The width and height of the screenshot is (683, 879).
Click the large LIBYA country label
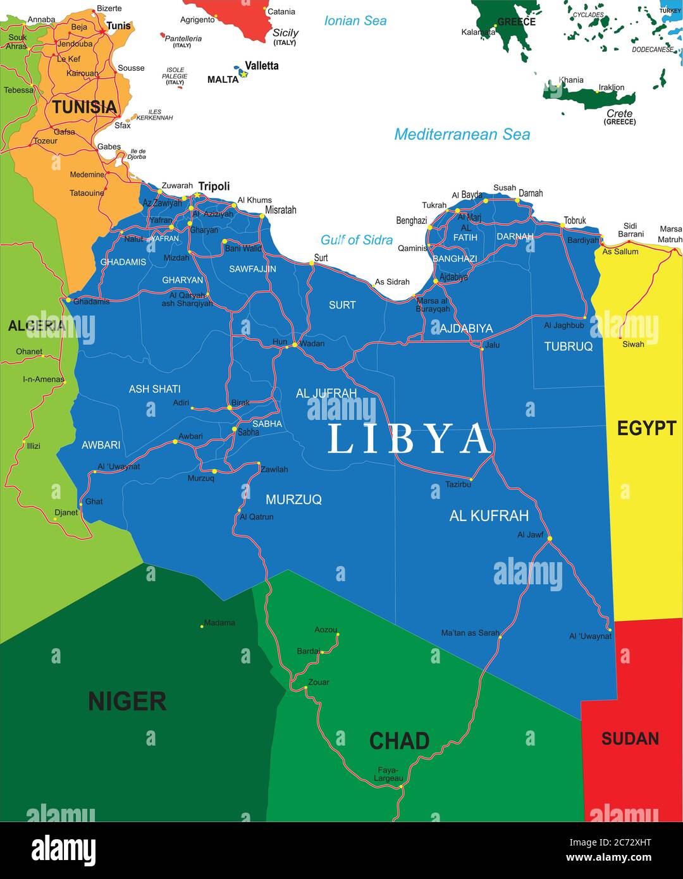click(409, 439)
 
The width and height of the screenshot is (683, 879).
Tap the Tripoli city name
click(214, 186)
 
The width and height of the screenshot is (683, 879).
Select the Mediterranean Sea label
click(462, 134)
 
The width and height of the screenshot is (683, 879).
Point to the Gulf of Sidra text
click(356, 240)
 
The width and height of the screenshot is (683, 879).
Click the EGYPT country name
click(646, 428)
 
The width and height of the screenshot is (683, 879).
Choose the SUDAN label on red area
click(630, 738)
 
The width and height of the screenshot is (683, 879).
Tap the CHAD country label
click(399, 741)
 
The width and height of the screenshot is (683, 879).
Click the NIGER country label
click(127, 701)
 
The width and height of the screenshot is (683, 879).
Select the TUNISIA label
click(85, 107)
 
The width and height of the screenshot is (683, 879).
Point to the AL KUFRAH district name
click(489, 515)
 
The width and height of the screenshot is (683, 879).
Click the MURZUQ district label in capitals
click(293, 500)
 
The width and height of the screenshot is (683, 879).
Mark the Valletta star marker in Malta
click(243, 74)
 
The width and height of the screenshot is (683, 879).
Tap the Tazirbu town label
click(458, 484)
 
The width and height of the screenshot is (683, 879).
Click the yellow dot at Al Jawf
click(550, 539)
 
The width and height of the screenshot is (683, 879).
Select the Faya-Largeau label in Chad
click(387, 774)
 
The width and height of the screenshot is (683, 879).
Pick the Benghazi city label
click(411, 221)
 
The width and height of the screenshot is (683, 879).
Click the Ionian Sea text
click(355, 21)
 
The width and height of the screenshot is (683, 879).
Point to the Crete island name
click(619, 114)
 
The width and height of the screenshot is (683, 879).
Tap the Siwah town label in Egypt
click(633, 344)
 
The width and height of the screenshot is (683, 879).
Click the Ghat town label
click(94, 501)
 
